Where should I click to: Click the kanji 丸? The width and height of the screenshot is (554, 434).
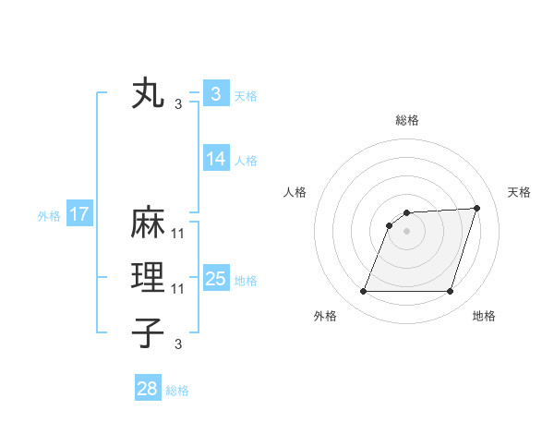[x=149, y=95]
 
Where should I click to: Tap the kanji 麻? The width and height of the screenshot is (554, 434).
[x=149, y=224]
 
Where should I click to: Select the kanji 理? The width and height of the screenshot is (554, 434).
[x=149, y=278]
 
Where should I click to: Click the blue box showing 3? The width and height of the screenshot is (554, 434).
[x=215, y=93]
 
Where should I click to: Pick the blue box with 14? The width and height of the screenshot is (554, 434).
[x=215, y=158]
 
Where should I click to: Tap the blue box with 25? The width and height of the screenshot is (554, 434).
[x=215, y=278]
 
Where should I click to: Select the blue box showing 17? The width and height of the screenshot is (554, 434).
[x=78, y=214]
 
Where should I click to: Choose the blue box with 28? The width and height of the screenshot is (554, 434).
[x=147, y=389]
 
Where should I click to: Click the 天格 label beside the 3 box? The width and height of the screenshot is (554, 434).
[x=245, y=95]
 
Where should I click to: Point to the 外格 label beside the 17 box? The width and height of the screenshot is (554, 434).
[x=49, y=216]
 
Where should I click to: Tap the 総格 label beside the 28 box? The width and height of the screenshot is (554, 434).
[x=177, y=391]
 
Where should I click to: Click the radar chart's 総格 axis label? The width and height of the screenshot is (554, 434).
[x=407, y=120]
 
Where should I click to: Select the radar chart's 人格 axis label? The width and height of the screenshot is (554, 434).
[x=295, y=192]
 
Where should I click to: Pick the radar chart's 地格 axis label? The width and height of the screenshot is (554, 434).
[x=484, y=316]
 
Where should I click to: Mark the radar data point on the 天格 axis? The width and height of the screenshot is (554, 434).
[x=477, y=209]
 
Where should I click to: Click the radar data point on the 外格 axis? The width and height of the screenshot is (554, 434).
[x=364, y=292]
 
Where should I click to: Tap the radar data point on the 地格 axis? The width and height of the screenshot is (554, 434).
[x=451, y=292]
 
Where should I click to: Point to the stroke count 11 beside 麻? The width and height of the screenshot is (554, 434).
[x=178, y=234]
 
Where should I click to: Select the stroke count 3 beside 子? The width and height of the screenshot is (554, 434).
[x=178, y=344]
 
